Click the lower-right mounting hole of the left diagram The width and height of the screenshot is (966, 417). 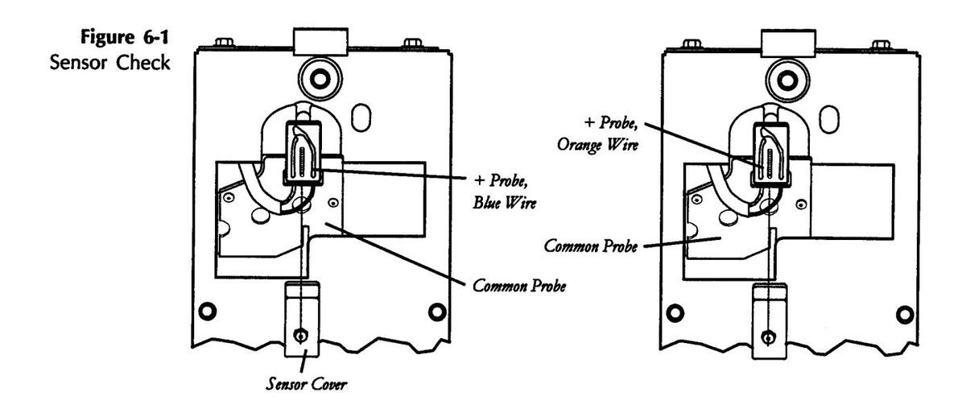pos(436,310)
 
